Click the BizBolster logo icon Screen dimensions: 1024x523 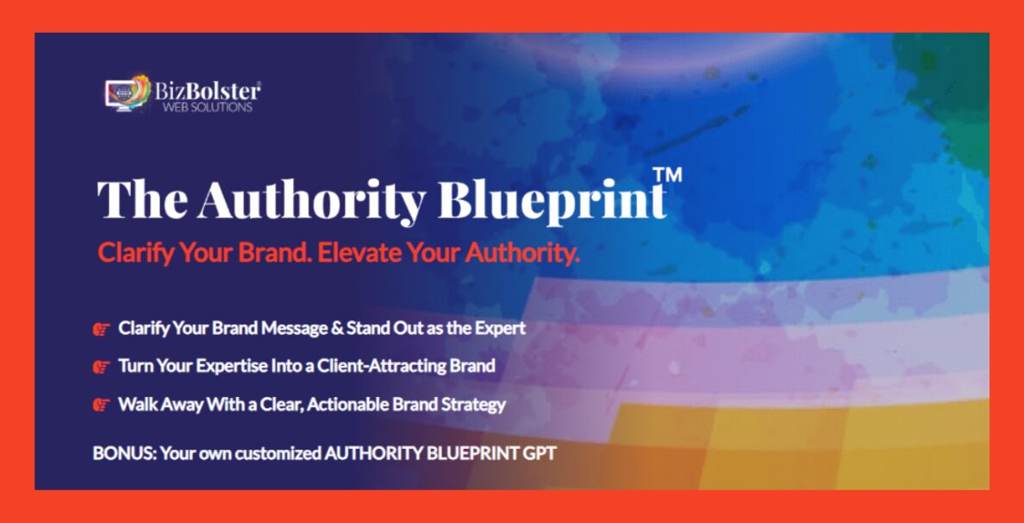pos(128,93)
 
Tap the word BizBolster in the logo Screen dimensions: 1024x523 pos(208,91)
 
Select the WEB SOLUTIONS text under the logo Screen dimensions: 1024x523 pos(207,107)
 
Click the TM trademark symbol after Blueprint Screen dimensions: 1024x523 pos(667,174)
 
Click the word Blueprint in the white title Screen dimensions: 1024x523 pos(553,200)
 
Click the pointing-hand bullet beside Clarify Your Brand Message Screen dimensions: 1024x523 pos(101,329)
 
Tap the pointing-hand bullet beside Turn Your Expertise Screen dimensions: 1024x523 pos(101,367)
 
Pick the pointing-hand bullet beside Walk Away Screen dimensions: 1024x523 pos(101,406)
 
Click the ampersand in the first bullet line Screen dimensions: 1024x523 pos(338,328)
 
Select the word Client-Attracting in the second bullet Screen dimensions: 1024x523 pos(382,366)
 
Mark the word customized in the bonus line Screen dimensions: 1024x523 pos(278,453)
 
